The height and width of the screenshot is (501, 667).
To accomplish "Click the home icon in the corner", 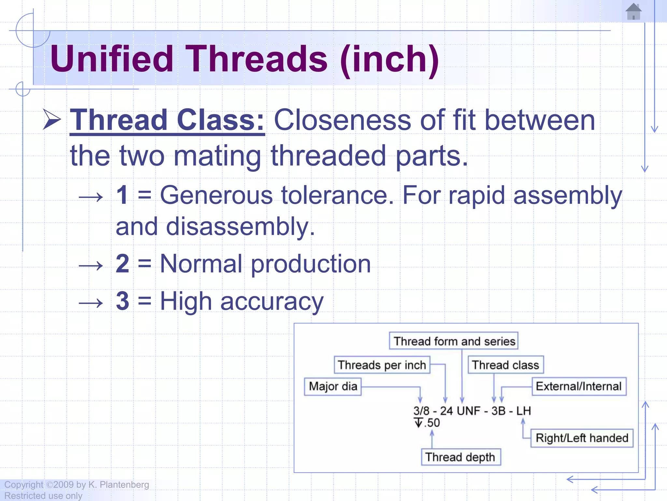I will click(x=633, y=11).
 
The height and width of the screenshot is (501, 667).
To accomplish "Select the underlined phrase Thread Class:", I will click(x=167, y=120).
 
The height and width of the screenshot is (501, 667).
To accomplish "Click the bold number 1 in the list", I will click(x=122, y=195).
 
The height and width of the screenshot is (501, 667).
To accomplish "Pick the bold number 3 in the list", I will click(x=122, y=301).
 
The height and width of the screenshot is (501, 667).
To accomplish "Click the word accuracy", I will click(x=272, y=301).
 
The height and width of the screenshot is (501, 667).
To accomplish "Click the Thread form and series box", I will click(x=454, y=341).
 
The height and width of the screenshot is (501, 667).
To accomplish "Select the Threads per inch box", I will click(x=382, y=365).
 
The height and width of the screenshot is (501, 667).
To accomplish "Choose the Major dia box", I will click(x=333, y=387).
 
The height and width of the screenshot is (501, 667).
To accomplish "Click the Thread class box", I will click(x=505, y=365).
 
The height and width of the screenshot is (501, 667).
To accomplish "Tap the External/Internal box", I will click(x=579, y=387).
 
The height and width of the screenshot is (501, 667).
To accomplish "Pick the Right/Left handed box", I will click(x=582, y=438).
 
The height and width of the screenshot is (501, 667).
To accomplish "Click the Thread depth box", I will click(x=460, y=457).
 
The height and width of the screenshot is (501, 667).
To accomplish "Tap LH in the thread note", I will click(x=523, y=411).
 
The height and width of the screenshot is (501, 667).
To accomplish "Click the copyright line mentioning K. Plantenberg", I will click(x=77, y=485).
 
